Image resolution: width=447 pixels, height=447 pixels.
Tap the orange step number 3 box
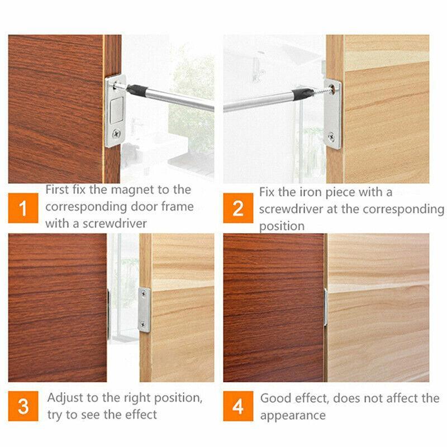click(23, 406)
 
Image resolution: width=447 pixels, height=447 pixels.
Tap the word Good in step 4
click(275, 398)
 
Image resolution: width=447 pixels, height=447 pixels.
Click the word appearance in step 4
click(292, 415)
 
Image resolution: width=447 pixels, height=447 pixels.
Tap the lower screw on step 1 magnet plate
click(116, 134)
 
